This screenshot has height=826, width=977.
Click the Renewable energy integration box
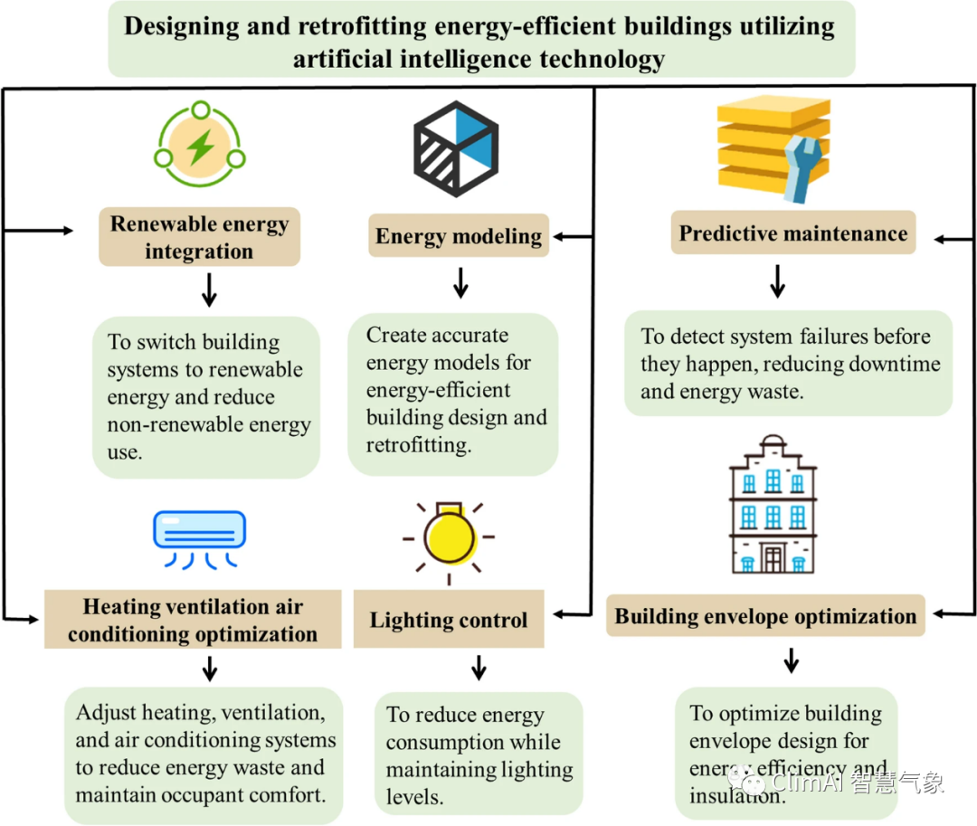pos(199,237)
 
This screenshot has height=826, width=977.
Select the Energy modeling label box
pos(459,236)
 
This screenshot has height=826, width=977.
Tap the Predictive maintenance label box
pos(793,233)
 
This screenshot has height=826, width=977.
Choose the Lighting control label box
pos(449,620)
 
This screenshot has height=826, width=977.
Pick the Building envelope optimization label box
pos(765,617)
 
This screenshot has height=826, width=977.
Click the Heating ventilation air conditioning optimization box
pos(193,620)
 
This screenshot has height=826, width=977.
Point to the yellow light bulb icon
pos(449,536)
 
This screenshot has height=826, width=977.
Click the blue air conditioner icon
pos(199,530)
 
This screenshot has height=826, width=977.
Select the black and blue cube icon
pos(456,148)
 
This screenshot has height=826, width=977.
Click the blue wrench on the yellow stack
pos(802,168)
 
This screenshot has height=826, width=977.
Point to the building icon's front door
pos(773,558)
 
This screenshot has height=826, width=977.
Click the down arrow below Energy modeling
pos(460,283)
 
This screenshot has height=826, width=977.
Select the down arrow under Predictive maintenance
pos(776,281)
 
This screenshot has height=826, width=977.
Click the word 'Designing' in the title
pos(182,25)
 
